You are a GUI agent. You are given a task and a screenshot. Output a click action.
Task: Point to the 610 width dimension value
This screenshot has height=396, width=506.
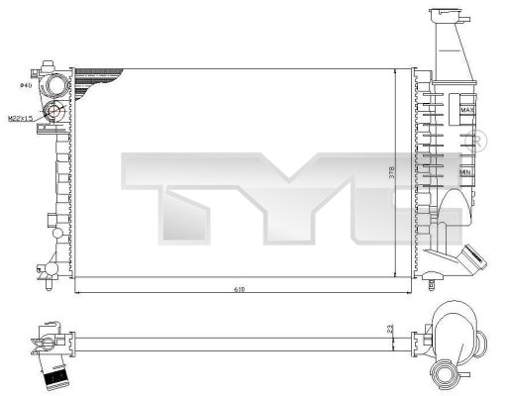240,290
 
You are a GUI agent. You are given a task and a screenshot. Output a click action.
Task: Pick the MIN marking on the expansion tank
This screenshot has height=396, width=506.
465,173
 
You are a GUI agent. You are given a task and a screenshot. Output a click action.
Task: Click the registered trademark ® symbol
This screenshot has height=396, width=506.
479,139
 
